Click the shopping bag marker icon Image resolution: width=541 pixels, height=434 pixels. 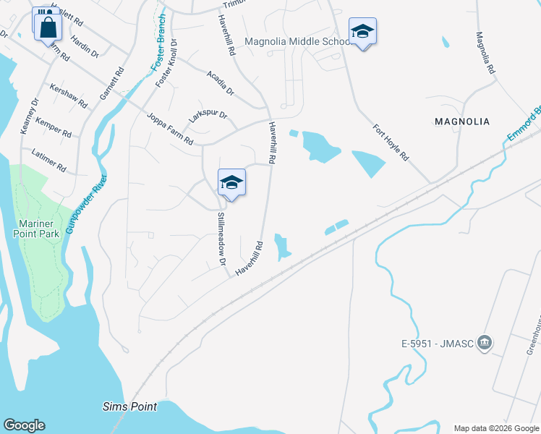(48, 27)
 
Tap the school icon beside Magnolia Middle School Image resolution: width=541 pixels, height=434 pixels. (362, 32)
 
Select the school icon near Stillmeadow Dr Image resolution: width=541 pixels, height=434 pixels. (231, 182)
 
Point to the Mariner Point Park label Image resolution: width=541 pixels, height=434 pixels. (41, 228)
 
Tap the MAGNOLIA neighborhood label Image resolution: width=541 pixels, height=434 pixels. (462, 122)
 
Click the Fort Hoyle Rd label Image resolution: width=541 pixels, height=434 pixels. (391, 143)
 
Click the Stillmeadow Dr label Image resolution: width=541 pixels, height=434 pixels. (222, 238)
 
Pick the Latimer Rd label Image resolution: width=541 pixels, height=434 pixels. (49, 160)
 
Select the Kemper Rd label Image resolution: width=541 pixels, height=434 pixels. (54, 129)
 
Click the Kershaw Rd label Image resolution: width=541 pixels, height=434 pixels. (68, 99)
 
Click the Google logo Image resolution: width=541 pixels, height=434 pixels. (24, 425)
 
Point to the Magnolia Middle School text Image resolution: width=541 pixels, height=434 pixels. (297, 41)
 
